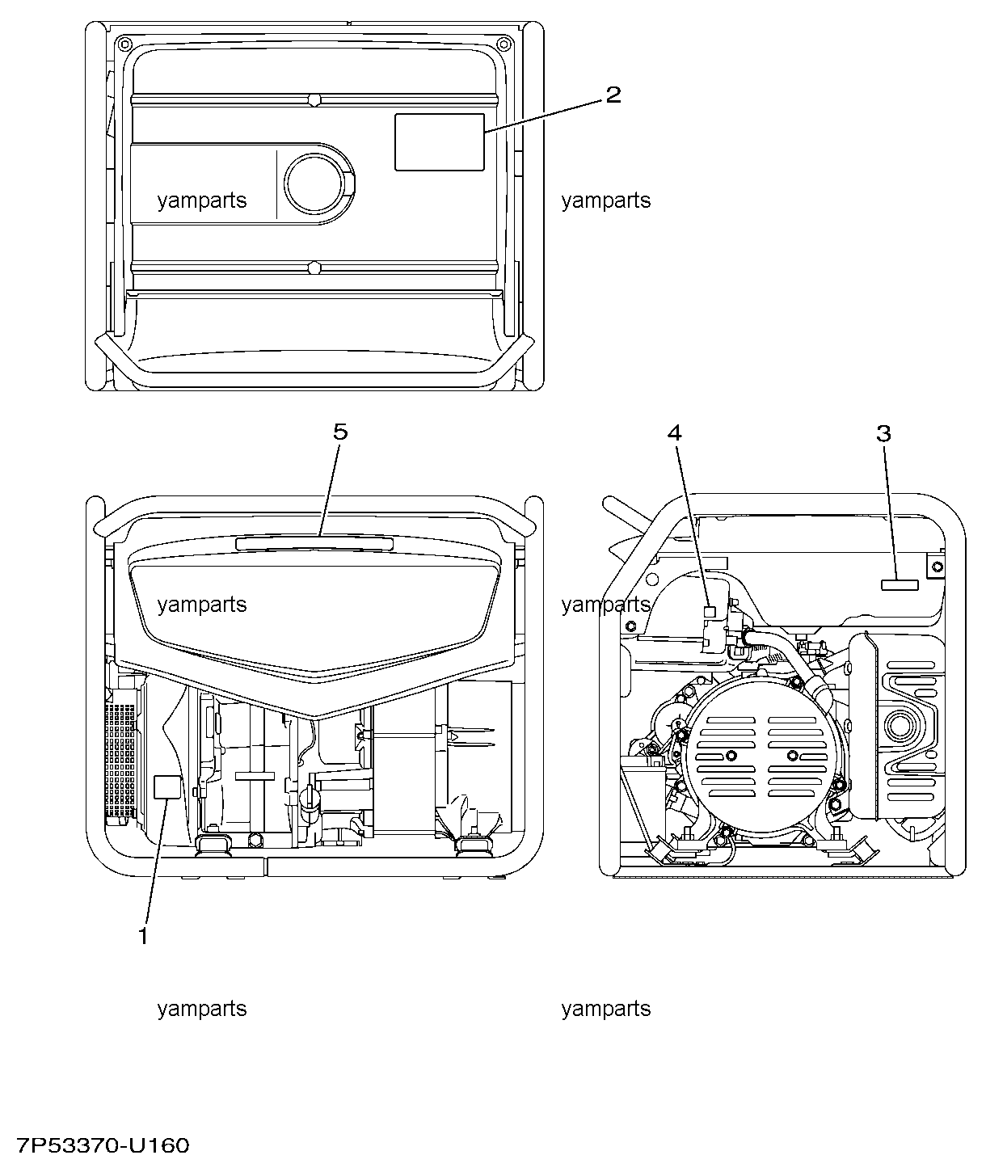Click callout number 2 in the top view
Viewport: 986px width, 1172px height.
(613, 95)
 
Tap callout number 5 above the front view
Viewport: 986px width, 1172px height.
(340, 432)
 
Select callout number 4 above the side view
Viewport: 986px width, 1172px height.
(675, 432)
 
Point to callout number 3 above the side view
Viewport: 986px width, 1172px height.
(884, 433)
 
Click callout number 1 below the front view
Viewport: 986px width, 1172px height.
(144, 936)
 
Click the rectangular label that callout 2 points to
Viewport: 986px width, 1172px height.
(440, 142)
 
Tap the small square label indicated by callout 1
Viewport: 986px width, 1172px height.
(167, 786)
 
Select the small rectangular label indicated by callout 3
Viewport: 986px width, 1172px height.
(900, 585)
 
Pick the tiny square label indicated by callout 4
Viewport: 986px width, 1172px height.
(710, 612)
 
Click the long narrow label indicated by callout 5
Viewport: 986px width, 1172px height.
(314, 543)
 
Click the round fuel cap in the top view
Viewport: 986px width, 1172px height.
(314, 183)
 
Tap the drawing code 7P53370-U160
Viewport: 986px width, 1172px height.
(103, 1145)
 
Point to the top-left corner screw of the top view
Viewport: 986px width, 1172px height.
(124, 43)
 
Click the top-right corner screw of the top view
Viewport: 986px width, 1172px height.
(504, 43)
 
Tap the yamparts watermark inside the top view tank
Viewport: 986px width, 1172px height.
(202, 201)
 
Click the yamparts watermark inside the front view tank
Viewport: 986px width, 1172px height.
(202, 605)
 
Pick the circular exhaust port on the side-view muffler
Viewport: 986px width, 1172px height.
(902, 727)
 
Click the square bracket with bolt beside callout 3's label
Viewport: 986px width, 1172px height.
(937, 567)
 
